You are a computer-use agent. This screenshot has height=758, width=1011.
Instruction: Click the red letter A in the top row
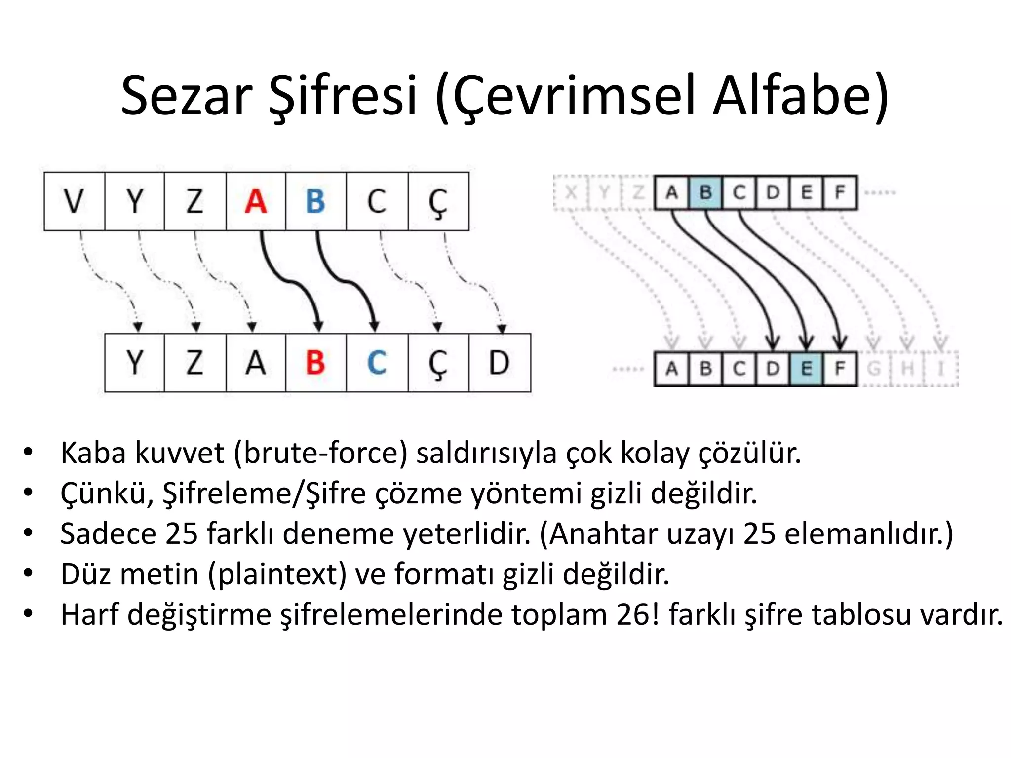pyautogui.click(x=256, y=201)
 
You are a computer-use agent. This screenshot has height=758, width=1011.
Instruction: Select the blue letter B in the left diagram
pyautogui.click(x=315, y=201)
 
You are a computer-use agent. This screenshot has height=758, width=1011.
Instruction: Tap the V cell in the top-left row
pyautogui.click(x=74, y=201)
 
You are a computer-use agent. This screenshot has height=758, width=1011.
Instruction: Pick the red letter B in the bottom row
pyautogui.click(x=315, y=363)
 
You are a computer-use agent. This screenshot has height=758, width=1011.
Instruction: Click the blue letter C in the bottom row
pyautogui.click(x=377, y=363)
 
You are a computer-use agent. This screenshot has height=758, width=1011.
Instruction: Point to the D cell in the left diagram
pyautogui.click(x=499, y=363)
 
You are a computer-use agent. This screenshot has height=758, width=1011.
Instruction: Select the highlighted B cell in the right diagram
pyautogui.click(x=706, y=192)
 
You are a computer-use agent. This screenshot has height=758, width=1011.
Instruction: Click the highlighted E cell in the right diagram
pyautogui.click(x=806, y=369)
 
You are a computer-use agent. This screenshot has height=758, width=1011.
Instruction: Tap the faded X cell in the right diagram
pyautogui.click(x=571, y=192)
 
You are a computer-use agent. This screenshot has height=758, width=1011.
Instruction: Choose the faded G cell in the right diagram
pyautogui.click(x=874, y=369)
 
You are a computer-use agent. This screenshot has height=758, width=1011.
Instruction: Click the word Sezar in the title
pyautogui.click(x=187, y=95)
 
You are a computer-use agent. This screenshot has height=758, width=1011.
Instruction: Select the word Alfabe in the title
pyautogui.click(x=800, y=95)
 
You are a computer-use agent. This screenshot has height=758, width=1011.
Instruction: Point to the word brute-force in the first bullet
pyautogui.click(x=321, y=453)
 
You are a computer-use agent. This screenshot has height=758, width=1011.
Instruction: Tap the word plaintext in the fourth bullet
pyautogui.click(x=277, y=574)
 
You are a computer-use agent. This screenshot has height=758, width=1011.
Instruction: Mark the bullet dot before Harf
pyautogui.click(x=28, y=614)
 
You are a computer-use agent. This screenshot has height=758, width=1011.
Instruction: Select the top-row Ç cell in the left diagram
pyautogui.click(x=438, y=201)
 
